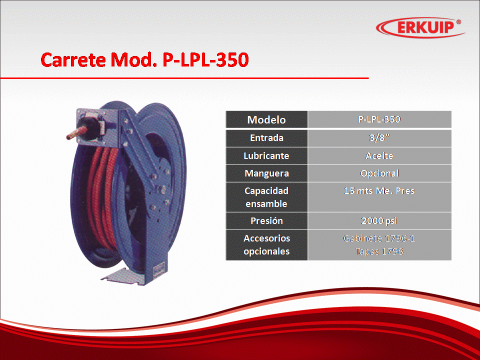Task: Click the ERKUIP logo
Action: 420,27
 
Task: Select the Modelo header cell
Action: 266,119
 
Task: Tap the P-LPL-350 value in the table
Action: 379,119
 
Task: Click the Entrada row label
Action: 266,138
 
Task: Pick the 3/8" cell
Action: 379,138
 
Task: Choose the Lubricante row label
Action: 266,156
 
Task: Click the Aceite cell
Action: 379,156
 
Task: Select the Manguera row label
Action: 266,173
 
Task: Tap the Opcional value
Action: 379,173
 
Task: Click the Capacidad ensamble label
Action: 266,197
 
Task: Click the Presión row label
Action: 266,220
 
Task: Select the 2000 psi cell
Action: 379,220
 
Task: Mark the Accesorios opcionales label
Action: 266,245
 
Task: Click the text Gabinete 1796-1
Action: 379,238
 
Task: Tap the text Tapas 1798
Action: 379,251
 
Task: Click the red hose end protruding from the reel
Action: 73,134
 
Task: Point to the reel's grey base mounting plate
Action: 122,276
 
